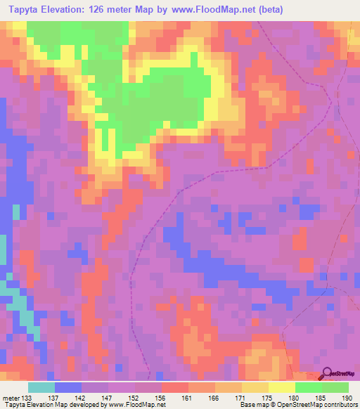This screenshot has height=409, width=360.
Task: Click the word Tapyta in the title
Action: tap(25, 9)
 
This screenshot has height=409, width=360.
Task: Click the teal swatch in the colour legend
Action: tap(41, 388)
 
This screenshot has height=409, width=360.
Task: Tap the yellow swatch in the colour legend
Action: tap(282, 388)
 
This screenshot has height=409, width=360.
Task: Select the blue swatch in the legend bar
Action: tap(68, 388)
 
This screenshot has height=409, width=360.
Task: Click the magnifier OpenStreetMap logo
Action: tap(328, 374)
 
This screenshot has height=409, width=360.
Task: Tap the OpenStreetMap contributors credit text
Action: tap(317, 405)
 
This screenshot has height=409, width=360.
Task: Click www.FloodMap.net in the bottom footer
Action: tap(136, 405)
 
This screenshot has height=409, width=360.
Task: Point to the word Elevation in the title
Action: tap(70, 9)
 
